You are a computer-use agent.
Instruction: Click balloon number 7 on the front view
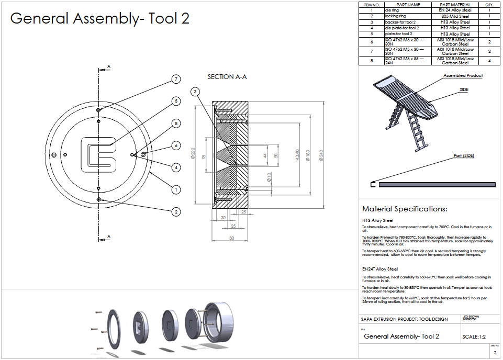(x=176, y=79)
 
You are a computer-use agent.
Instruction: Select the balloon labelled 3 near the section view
(x=195, y=92)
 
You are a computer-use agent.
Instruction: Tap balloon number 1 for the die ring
(x=176, y=189)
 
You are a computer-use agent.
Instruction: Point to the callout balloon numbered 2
(x=176, y=211)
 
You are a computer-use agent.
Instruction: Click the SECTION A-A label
(x=227, y=77)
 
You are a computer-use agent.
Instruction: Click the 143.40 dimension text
(x=296, y=155)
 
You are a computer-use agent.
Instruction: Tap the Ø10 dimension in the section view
(x=269, y=178)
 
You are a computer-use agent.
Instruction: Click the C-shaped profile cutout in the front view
(x=98, y=155)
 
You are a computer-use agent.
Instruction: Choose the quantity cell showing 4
(x=489, y=61)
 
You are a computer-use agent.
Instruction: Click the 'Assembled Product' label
(x=463, y=76)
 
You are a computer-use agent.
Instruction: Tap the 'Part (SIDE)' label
(x=464, y=155)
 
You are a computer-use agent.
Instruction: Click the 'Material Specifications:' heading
(x=405, y=209)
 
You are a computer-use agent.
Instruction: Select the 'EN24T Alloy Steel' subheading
(x=379, y=269)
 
